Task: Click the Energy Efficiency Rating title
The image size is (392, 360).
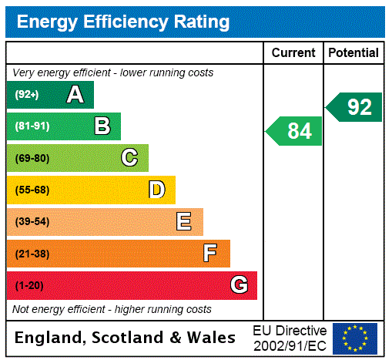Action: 123,22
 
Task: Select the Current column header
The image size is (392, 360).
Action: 293,53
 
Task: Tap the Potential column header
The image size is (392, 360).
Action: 353,53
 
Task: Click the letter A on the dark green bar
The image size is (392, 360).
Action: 75,95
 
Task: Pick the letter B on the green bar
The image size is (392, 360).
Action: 102,126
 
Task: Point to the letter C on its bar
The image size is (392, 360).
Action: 129,158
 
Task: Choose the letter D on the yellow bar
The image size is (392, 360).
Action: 156,190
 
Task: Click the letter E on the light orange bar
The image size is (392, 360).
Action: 184,222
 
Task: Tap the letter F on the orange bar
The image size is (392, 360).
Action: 210,253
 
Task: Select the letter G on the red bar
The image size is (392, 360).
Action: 239,285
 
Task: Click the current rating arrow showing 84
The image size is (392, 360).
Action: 295,131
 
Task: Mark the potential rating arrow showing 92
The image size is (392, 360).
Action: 355,107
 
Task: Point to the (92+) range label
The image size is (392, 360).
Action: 27,95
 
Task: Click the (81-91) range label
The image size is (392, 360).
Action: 32,126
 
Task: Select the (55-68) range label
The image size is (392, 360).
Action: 32,190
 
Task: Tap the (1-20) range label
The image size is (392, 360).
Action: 29,285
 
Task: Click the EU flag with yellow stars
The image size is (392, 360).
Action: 355,338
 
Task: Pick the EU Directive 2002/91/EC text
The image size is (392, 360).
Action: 290,338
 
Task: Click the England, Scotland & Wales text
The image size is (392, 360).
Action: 126,338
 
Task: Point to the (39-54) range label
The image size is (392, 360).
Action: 32,222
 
